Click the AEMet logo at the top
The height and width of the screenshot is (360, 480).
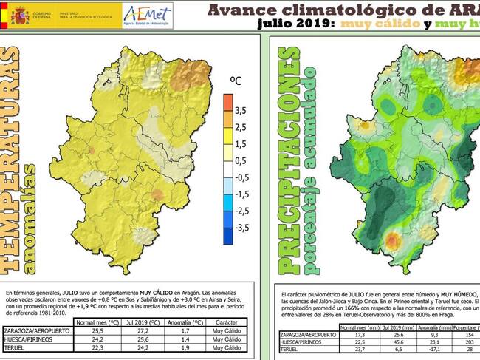pyautogui.click(x=148, y=13)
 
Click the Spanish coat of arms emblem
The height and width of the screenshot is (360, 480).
pyautogui.click(x=20, y=14)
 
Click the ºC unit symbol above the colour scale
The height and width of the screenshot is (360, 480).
pyautogui.click(x=236, y=79)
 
